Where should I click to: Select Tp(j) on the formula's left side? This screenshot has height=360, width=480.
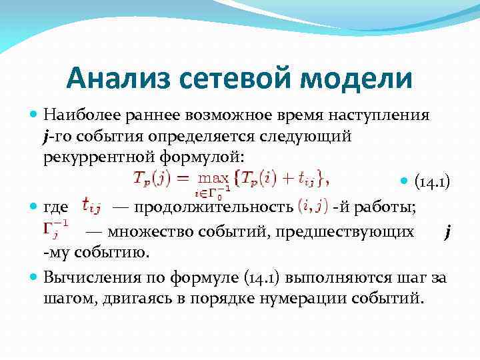coord(151,179)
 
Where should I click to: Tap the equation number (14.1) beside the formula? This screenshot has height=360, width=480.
coord(432,182)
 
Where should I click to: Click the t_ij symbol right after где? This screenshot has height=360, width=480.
coord(91,207)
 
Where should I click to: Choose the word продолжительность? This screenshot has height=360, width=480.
coord(213,207)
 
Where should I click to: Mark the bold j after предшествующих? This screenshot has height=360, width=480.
coord(447,231)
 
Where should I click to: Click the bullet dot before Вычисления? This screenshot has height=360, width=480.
coord(35,276)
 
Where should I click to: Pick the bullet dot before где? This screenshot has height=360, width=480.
coord(35,207)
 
